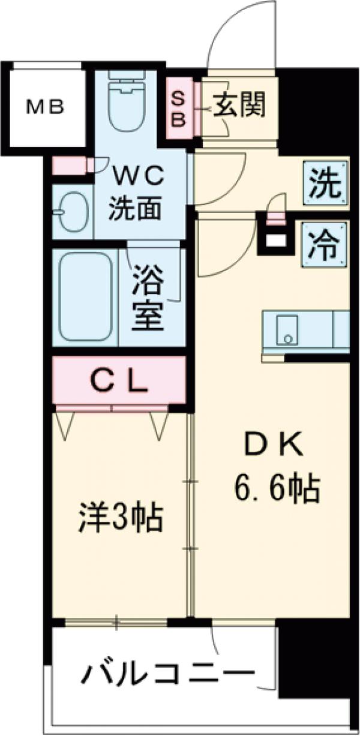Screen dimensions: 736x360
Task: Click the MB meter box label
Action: point(45,107)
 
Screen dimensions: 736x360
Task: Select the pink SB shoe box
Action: point(179,108)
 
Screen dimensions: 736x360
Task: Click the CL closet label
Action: point(119,380)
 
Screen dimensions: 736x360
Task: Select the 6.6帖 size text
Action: point(277,488)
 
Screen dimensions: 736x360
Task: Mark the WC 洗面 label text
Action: point(136,191)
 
